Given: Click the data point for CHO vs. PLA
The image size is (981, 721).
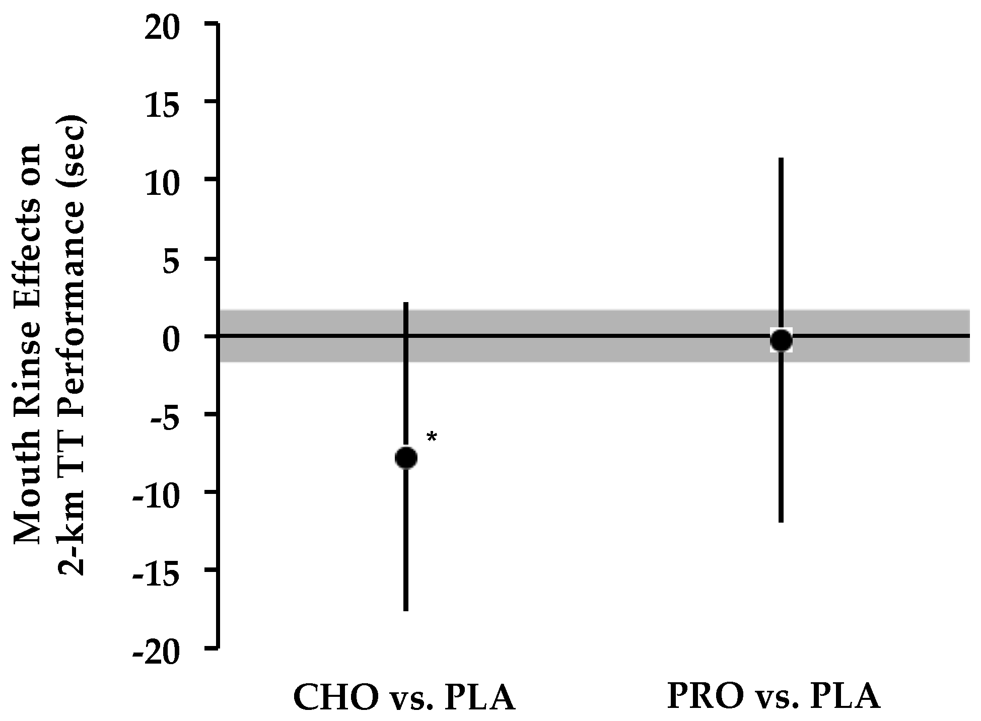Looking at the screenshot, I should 406,458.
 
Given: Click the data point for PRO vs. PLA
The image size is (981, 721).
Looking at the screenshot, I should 781,340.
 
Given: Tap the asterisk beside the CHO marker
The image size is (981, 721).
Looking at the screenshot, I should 432,438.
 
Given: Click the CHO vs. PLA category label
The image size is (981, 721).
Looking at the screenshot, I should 404,697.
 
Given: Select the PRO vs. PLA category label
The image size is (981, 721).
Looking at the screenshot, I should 773,696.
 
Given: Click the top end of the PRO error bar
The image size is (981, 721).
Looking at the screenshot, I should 781,159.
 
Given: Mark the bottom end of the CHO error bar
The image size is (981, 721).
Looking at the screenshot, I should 406,610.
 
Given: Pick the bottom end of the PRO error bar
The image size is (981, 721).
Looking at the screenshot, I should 781,521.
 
